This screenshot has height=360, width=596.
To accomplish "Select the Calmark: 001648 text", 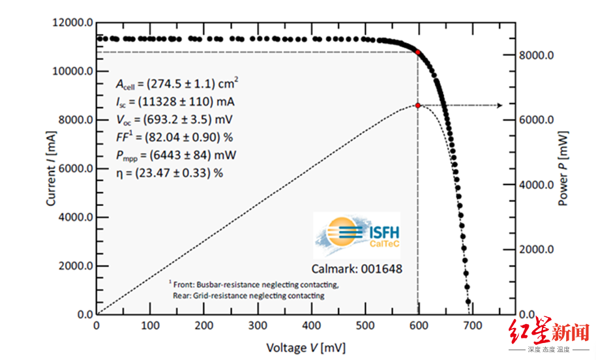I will [x=356, y=268].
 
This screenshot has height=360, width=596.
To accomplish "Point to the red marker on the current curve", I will [x=418, y=52].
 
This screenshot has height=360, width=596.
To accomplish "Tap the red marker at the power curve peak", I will [x=418, y=105].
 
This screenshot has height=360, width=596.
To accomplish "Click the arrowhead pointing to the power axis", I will [x=500, y=105].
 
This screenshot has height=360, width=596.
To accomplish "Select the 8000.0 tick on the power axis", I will [x=537, y=56].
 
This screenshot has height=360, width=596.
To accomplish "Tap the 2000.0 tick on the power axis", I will [x=537, y=250].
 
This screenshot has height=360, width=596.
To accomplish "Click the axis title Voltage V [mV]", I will [x=306, y=346].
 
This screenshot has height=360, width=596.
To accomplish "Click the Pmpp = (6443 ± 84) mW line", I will [x=176, y=157].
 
